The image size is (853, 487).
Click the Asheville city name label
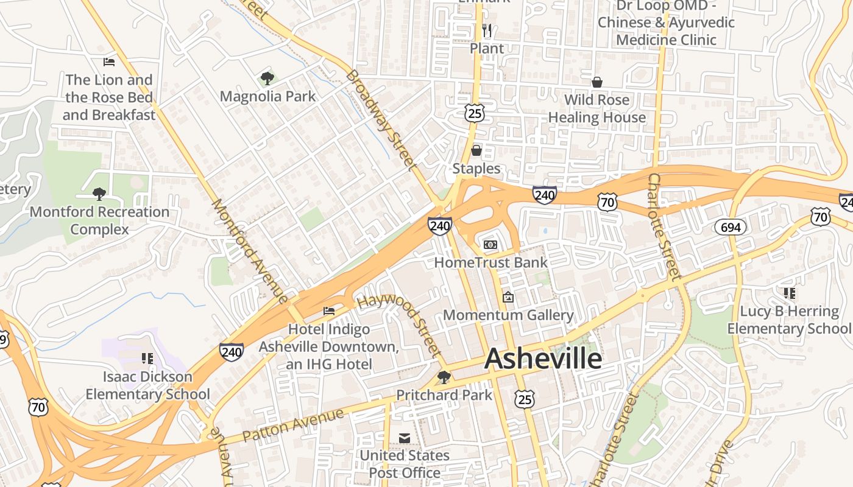tap(543, 359)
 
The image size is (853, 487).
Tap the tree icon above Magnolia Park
tap(267, 78)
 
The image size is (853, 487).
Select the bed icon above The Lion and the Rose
tap(109, 62)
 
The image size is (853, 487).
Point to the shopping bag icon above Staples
tap(476, 150)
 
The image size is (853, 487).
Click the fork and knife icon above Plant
tap(487, 30)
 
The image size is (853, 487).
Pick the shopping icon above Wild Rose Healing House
tap(597, 82)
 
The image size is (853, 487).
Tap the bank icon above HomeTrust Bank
tap(490, 245)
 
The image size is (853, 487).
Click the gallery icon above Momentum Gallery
tap(508, 297)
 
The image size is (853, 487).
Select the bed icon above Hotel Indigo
tap(329, 311)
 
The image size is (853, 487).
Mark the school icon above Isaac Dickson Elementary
tap(147, 359)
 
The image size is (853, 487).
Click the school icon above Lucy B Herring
tap(790, 293)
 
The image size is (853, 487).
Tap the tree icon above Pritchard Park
tap(444, 377)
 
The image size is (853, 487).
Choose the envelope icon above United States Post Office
tap(404, 438)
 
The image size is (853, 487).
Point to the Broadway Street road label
tap(382, 119)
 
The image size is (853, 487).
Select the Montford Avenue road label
tap(249, 250)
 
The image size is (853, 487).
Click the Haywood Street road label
tap(399, 326)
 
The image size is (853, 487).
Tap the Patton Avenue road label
tap(293, 425)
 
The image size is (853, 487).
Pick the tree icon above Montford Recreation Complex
tap(99, 194)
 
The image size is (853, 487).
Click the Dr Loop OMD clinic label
tap(666, 23)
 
